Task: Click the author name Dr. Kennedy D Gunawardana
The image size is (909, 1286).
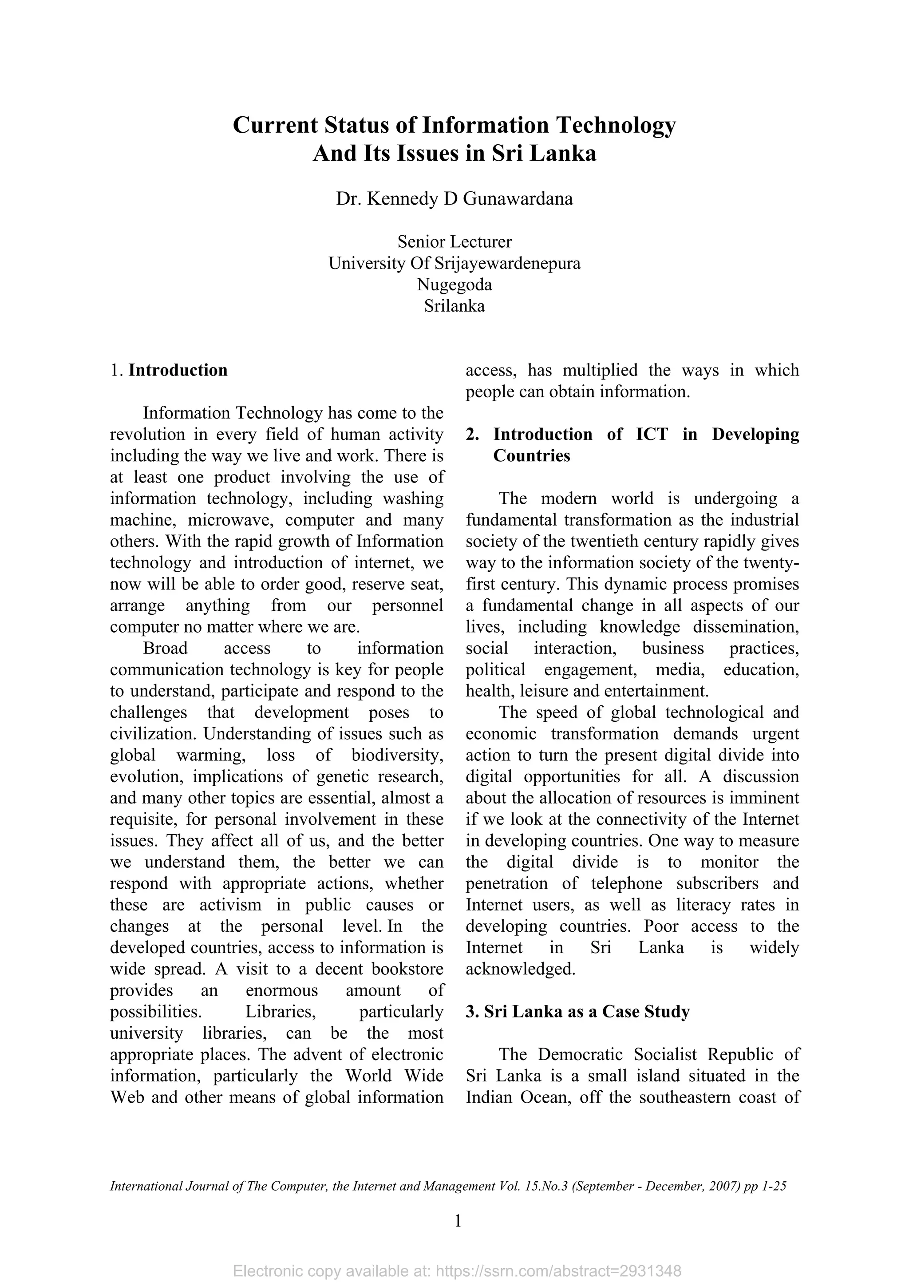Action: (x=454, y=199)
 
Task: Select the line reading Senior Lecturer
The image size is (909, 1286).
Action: (x=454, y=242)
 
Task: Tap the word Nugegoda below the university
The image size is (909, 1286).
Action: (x=454, y=285)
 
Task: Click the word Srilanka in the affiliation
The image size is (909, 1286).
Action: (x=454, y=306)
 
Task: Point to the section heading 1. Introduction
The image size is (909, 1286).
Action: (x=169, y=370)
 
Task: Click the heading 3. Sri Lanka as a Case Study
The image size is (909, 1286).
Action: (x=577, y=1012)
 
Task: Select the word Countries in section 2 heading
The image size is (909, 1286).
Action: (x=532, y=456)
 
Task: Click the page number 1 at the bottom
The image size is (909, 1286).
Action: (x=458, y=1221)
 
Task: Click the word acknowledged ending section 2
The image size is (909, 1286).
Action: (x=520, y=969)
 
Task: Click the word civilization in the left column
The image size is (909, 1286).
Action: (x=154, y=734)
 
